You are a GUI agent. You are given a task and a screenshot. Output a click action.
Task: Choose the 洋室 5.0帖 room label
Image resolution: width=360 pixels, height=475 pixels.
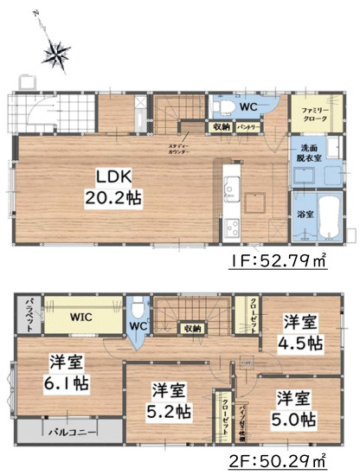point(297,409)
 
